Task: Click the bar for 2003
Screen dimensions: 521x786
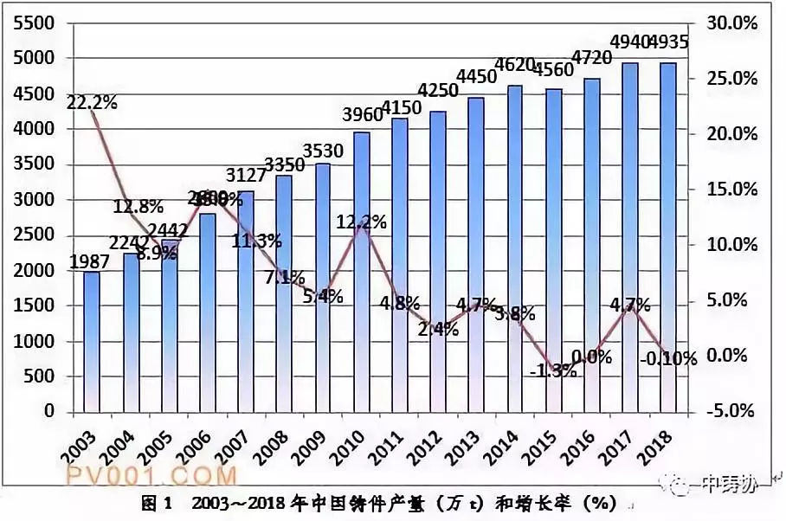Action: coord(92,342)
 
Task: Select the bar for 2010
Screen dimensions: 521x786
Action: coord(362,272)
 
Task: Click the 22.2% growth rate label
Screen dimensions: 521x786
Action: coord(92,103)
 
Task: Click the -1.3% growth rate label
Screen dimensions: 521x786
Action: coord(551,371)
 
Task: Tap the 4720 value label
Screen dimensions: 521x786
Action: coord(594,59)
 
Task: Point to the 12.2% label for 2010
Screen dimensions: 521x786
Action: coord(361,222)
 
